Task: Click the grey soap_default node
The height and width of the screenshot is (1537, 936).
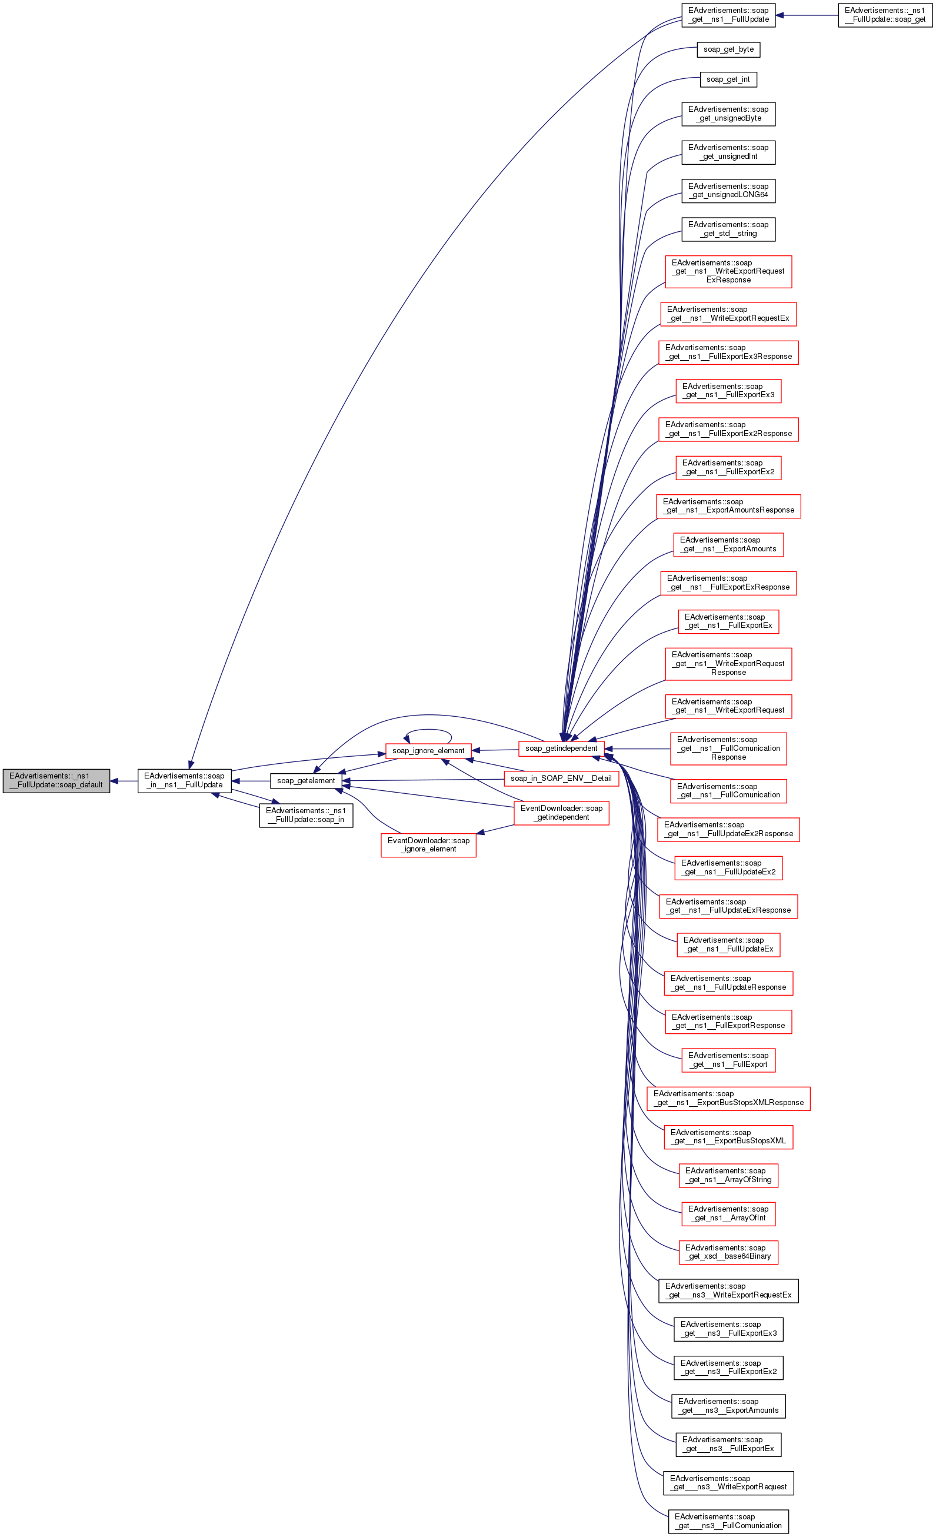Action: [56, 780]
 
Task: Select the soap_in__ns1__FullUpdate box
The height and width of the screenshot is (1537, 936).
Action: [184, 780]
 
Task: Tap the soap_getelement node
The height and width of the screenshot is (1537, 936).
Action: [305, 780]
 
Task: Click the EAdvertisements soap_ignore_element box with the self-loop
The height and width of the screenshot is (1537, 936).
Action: [428, 750]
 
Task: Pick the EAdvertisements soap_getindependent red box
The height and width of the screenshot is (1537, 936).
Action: [561, 748]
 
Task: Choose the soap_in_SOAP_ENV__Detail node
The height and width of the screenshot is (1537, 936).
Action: [561, 779]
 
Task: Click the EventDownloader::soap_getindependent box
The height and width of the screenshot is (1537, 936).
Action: [561, 813]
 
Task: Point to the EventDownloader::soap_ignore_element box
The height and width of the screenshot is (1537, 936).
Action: [428, 844]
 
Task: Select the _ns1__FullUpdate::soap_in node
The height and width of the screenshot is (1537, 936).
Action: [305, 816]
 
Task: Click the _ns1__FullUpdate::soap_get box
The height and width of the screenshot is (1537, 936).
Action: [884, 15]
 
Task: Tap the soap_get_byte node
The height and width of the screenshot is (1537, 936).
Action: [728, 49]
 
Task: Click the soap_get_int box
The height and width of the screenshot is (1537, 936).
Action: [728, 79]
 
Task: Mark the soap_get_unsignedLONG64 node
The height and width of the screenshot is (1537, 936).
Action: [728, 191]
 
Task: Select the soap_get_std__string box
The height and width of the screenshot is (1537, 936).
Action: [728, 229]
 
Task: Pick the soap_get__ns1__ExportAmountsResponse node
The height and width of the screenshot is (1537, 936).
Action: [728, 506]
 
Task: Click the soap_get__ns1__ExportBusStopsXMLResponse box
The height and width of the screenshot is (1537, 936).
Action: [728, 1099]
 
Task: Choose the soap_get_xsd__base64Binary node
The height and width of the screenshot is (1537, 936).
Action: [728, 1252]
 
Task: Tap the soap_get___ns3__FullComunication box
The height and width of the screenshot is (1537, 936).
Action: [728, 1521]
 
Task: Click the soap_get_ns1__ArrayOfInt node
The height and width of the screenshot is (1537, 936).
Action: [728, 1213]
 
